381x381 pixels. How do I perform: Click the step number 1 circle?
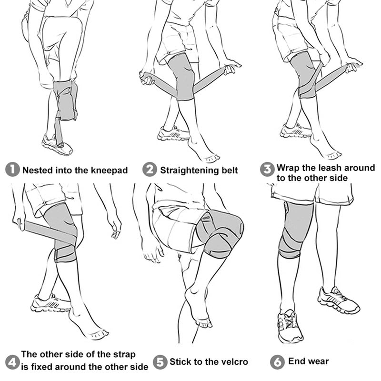coord(12,170)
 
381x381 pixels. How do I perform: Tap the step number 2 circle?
coord(150,170)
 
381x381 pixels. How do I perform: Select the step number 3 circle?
coord(267,170)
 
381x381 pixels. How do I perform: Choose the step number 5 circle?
coord(160,362)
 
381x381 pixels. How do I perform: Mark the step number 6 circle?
coord(277,362)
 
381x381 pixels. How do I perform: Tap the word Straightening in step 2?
coord(189,170)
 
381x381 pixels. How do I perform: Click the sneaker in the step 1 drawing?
coord(57,145)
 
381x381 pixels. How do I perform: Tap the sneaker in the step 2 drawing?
coord(173,133)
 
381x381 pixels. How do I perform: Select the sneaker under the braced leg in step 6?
coord(290,326)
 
